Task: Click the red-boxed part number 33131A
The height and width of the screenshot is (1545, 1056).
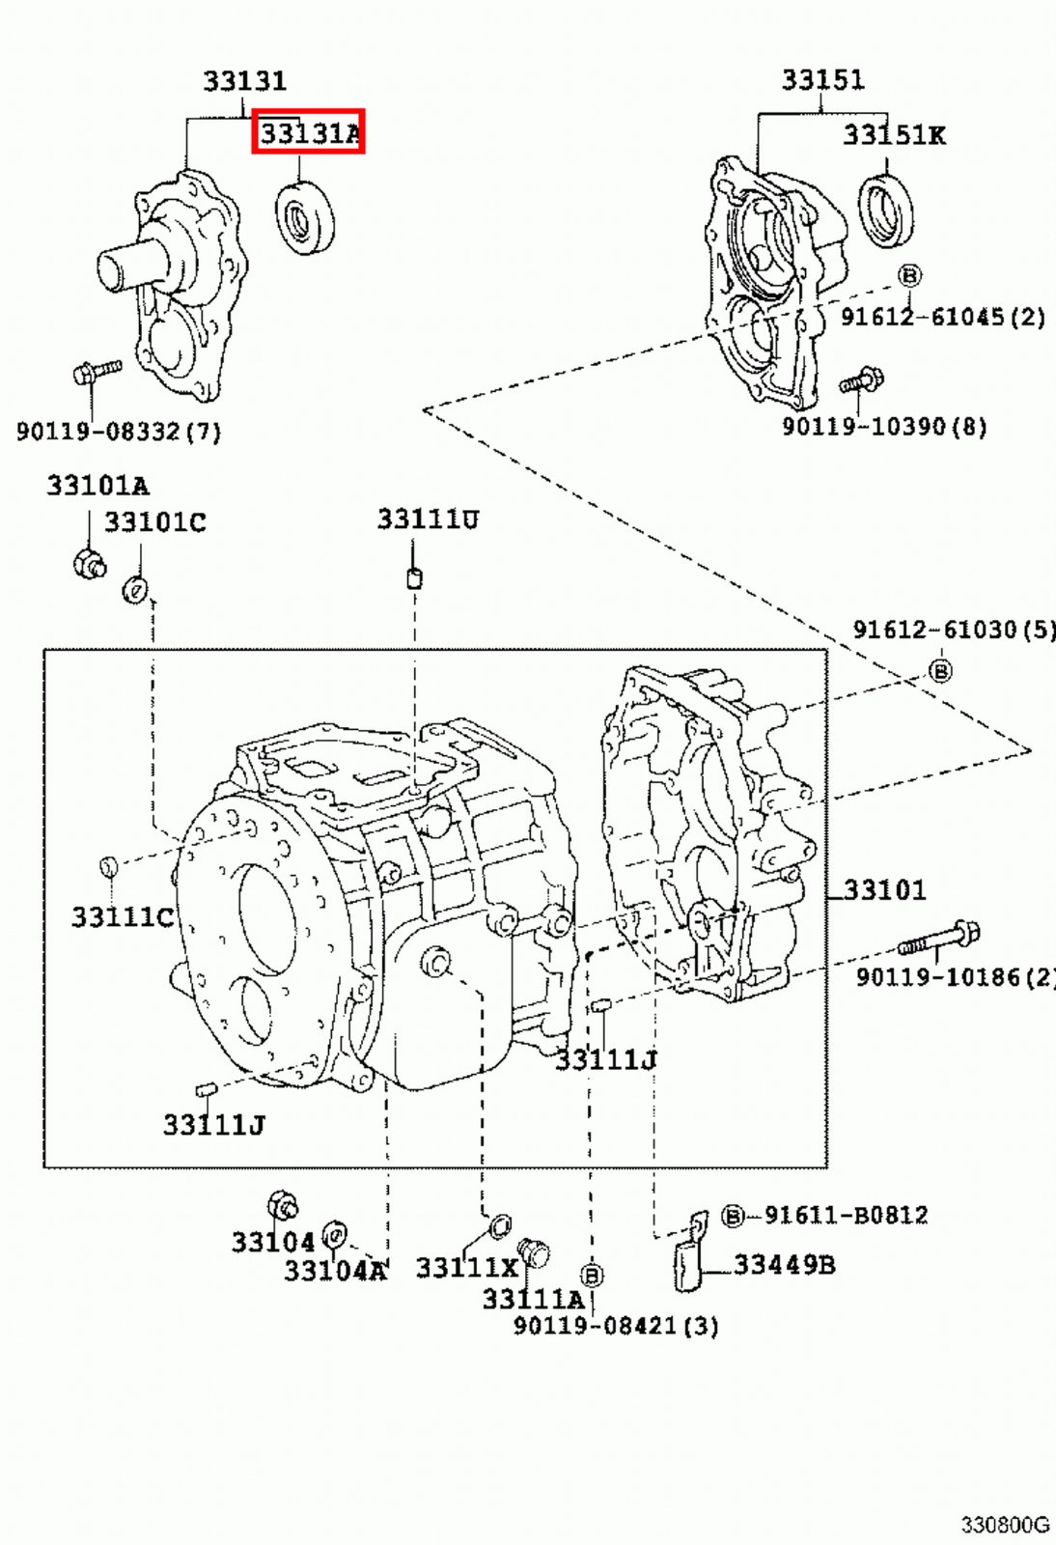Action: pos(309,132)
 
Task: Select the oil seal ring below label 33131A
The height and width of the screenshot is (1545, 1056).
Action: pos(305,217)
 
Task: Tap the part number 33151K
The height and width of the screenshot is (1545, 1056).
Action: pos(894,135)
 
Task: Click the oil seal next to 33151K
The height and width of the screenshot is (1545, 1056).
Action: pos(886,210)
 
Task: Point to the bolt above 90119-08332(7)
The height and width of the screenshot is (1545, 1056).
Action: pos(96,371)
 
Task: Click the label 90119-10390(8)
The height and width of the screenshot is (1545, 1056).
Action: pos(883,426)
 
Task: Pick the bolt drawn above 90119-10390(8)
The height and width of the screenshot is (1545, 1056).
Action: pos(862,380)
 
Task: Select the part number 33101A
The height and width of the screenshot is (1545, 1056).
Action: pos(97,486)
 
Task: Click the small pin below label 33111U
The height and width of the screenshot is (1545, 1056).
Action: pos(414,578)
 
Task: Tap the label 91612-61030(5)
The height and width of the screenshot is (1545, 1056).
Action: pos(953,630)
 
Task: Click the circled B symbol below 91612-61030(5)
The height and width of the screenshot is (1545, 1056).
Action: pos(940,669)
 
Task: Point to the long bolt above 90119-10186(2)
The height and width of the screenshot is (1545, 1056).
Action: pos(939,939)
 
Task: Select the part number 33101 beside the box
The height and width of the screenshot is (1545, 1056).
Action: pos(884,889)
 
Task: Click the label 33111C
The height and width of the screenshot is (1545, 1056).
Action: pos(122,916)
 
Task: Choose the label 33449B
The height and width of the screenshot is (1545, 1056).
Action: pos(784,1264)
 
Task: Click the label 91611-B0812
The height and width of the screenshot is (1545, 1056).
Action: pos(845,1215)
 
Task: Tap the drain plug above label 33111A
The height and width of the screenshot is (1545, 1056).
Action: pos(534,1254)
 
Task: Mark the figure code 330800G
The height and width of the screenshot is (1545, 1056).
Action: pos(1004,1525)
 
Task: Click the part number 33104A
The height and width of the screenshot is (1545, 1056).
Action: pos(334,1271)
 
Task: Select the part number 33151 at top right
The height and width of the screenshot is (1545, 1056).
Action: pos(822,79)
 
